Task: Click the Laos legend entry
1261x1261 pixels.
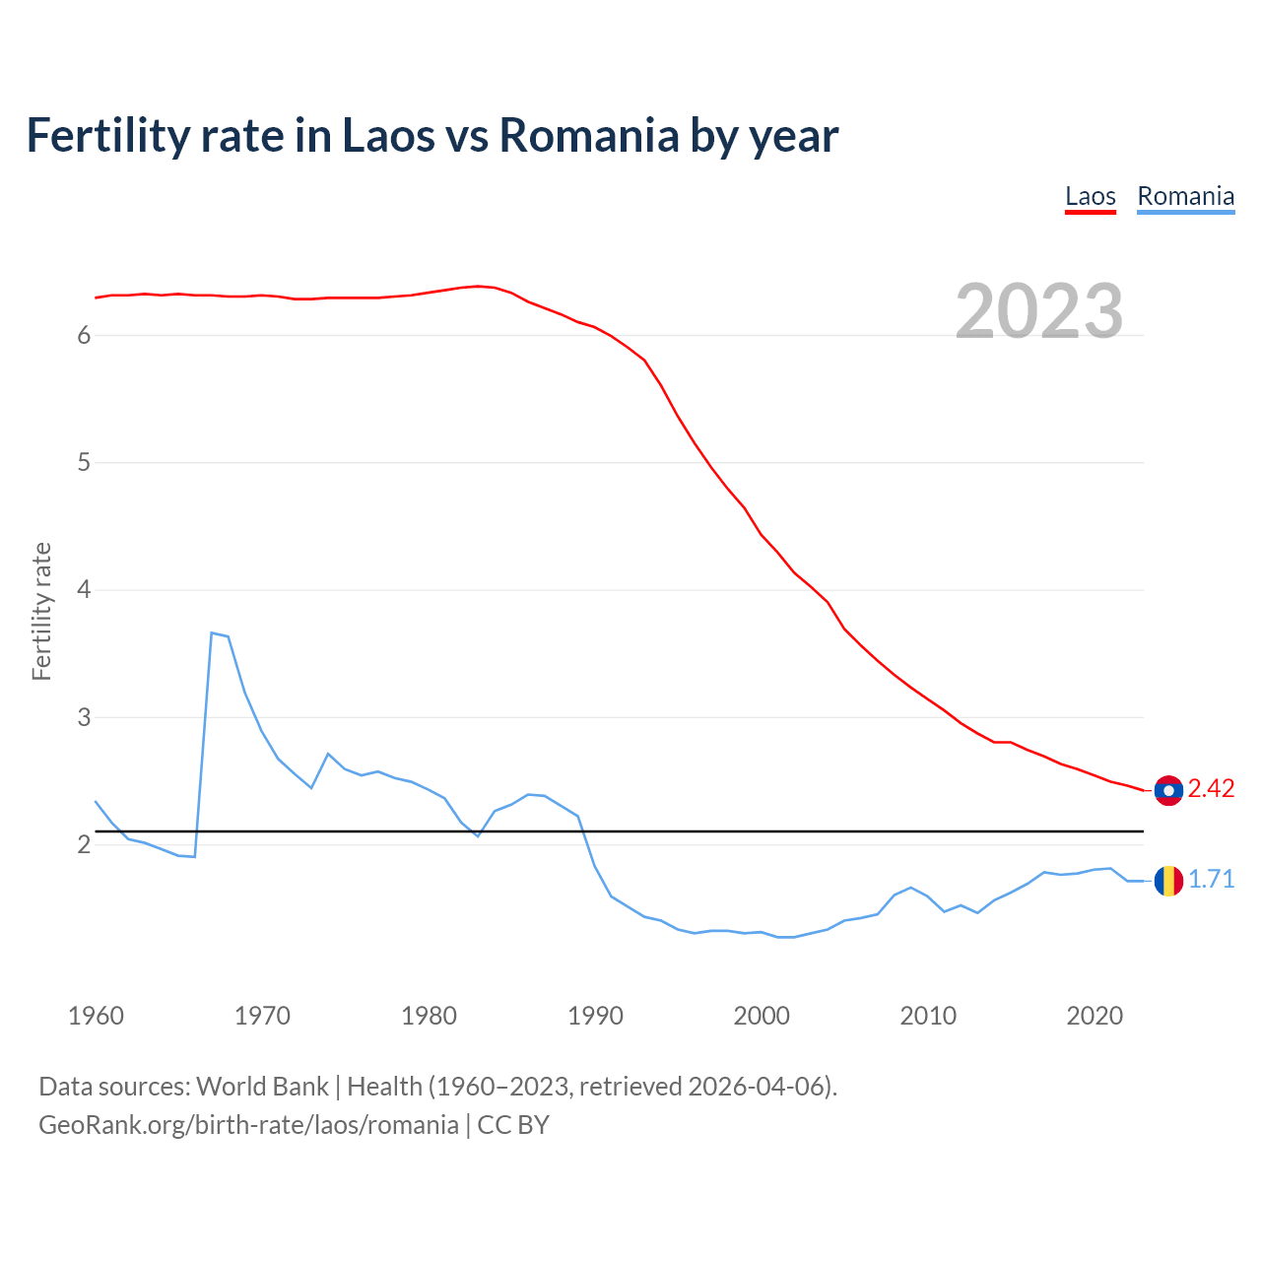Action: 1090,196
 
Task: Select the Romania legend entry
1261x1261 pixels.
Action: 1185,196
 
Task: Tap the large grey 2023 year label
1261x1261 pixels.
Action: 1039,311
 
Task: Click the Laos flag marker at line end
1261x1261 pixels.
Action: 1168,790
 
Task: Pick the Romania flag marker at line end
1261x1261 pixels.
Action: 1168,881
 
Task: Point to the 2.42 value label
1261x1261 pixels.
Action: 1211,789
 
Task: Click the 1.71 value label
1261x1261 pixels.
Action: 1211,880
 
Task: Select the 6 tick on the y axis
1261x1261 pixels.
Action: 84,336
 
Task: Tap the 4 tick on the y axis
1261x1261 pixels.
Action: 84,590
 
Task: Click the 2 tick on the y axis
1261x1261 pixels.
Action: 84,845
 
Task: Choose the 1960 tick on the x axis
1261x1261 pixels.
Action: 96,1016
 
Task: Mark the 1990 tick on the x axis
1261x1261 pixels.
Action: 595,1016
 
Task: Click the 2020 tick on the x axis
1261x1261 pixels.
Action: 1095,1016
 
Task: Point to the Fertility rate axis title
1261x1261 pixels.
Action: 41,611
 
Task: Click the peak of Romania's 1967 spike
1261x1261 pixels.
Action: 212,633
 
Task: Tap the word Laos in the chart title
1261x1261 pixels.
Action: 385,135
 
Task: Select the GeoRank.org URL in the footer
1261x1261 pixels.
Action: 248,1125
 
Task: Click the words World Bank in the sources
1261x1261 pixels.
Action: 262,1087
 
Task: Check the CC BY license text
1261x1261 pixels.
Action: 513,1125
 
